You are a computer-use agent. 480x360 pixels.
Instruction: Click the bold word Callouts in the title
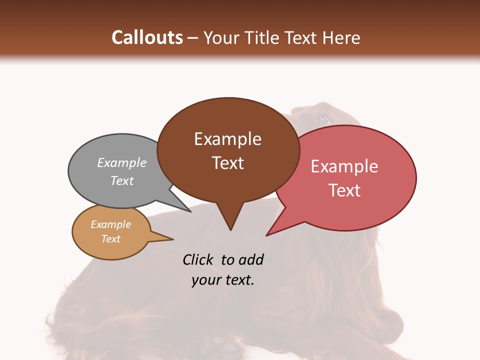tap(147, 37)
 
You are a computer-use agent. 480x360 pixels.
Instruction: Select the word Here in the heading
tap(341, 37)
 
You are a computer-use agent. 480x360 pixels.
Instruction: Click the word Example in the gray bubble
tap(122, 162)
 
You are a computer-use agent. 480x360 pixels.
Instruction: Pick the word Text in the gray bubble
tap(122, 180)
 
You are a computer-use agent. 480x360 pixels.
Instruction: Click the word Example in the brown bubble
tap(227, 139)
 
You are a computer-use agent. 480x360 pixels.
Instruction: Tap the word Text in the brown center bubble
tap(227, 163)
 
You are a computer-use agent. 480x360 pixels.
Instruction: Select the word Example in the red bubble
tap(344, 166)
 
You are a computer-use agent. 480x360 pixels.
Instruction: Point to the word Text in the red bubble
tap(344, 190)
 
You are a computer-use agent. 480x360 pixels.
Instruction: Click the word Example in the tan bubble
tap(110, 224)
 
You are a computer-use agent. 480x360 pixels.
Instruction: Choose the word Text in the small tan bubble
tap(110, 239)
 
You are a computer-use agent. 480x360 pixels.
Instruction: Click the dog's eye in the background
tap(323, 119)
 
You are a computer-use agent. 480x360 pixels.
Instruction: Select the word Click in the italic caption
tap(198, 259)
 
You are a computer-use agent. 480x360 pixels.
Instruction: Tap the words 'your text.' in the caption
tap(223, 280)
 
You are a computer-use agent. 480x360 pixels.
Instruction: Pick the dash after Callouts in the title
tap(193, 38)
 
